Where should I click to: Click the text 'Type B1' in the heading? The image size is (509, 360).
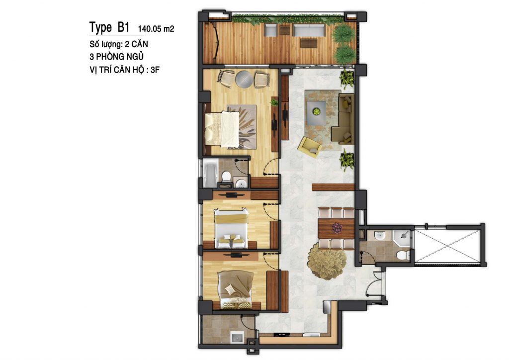(x=109, y=27)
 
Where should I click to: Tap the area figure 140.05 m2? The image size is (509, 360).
(x=156, y=29)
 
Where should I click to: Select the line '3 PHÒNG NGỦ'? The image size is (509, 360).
(x=116, y=57)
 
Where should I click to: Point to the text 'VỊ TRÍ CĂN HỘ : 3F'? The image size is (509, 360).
(x=125, y=70)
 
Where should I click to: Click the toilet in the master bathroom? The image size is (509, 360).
(x=226, y=176)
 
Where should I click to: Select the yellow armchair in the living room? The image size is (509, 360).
(x=310, y=147)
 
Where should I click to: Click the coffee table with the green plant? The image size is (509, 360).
(x=316, y=112)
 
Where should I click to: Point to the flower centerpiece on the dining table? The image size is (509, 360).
(x=337, y=228)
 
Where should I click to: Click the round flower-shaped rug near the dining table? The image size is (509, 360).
(x=327, y=261)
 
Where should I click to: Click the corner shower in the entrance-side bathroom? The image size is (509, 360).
(x=402, y=237)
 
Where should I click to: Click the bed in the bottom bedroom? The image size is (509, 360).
(x=236, y=289)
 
